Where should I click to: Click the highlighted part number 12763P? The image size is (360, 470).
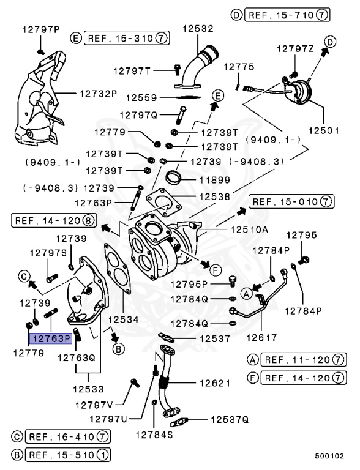tap(52, 337)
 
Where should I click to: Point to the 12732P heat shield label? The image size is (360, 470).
tap(97, 94)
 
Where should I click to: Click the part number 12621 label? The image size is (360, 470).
tap(214, 383)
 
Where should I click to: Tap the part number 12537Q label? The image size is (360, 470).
tap(230, 420)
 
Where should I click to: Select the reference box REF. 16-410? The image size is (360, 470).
tap(65, 437)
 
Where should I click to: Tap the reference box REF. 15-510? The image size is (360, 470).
tap(65, 455)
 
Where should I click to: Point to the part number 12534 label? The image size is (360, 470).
tap(124, 319)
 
